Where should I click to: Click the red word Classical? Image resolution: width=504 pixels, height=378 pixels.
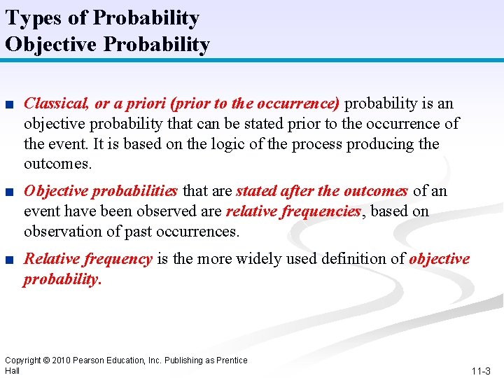(55, 104)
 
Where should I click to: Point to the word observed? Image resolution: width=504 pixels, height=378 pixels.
(192, 211)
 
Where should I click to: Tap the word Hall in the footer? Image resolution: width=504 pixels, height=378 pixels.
(13, 370)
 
